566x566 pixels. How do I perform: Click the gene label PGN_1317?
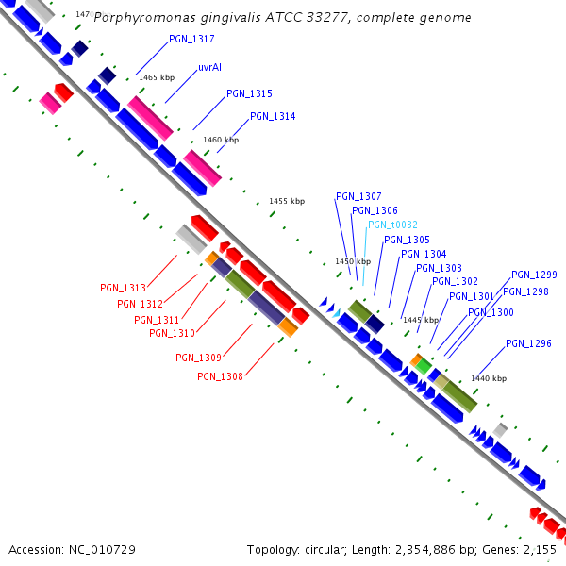click(191, 40)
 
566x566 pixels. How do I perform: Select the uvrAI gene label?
click(209, 68)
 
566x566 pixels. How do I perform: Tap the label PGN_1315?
click(249, 94)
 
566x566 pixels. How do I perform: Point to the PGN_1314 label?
click(273, 117)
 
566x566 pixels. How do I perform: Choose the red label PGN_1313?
click(123, 288)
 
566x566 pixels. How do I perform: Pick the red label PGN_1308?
click(220, 376)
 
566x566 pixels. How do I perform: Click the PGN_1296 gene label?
click(528, 343)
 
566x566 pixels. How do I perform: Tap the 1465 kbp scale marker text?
click(157, 78)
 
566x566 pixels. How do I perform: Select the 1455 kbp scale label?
click(287, 201)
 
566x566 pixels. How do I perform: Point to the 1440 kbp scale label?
click(489, 378)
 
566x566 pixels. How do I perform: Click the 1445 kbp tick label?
click(421, 321)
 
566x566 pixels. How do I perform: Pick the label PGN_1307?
click(358, 196)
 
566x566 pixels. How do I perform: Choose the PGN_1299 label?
click(534, 275)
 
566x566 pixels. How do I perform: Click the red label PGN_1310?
click(172, 332)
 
